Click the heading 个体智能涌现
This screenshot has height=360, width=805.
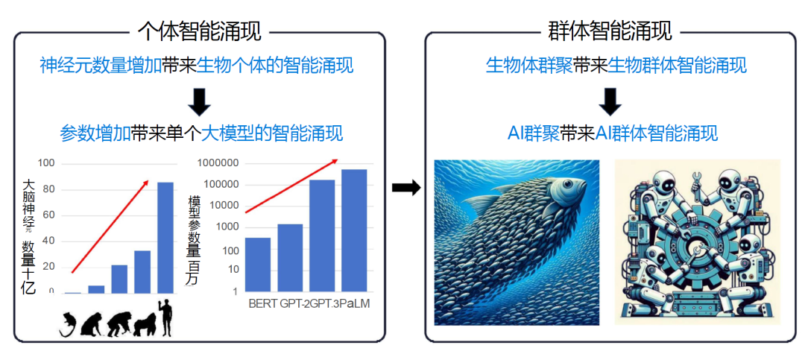[199, 31]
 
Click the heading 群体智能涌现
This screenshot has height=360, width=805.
[610, 31]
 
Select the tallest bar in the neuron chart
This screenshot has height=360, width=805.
[165, 237]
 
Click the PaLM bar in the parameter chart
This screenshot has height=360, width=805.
[354, 230]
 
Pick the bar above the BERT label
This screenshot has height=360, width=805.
[258, 264]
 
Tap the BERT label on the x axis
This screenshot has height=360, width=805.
[262, 304]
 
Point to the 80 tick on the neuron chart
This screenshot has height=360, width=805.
[50, 189]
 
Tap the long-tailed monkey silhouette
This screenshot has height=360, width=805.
[70, 323]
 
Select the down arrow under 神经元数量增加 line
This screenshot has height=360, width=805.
[199, 101]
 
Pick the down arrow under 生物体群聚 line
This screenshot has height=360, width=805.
[610, 101]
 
